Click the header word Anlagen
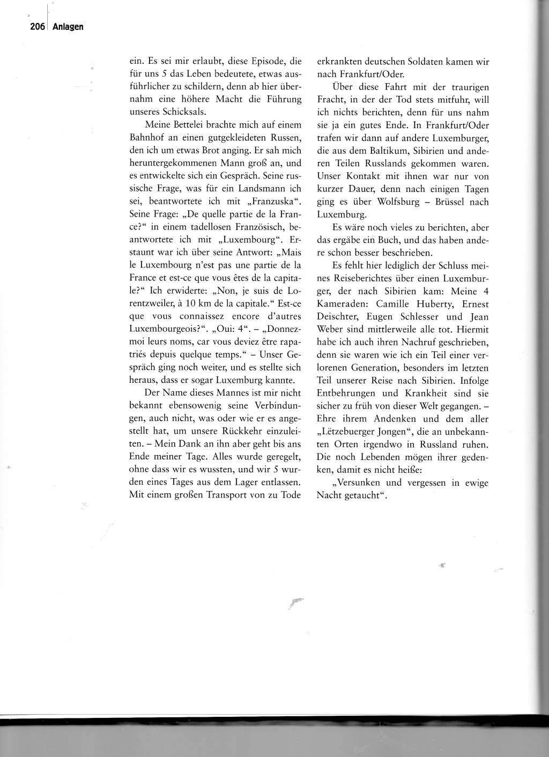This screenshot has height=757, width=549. coord(68,27)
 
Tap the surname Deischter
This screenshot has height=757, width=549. coord(339,316)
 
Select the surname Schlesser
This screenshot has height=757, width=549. coord(418,316)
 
